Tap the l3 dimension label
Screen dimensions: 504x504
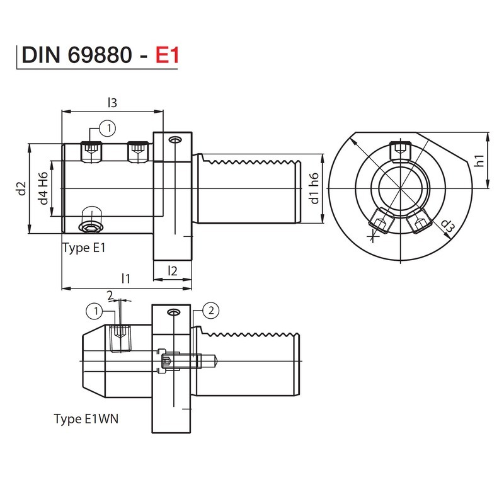pyautogui.click(x=113, y=102)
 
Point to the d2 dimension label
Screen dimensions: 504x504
pyautogui.click(x=21, y=188)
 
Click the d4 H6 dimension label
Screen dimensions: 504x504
pyautogui.click(x=43, y=188)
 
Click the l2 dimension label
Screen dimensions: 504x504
pyautogui.click(x=172, y=270)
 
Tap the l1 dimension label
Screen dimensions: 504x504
pyautogui.click(x=126, y=278)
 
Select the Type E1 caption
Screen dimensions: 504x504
pyautogui.click(x=84, y=248)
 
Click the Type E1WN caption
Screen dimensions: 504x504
pyautogui.click(x=86, y=418)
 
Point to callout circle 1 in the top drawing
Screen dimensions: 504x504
pyautogui.click(x=108, y=129)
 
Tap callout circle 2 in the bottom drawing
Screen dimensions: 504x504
pyautogui.click(x=211, y=309)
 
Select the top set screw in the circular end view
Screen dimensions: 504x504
pyautogui.click(x=399, y=151)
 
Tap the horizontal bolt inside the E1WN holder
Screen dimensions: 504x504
pyautogui.click(x=189, y=361)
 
